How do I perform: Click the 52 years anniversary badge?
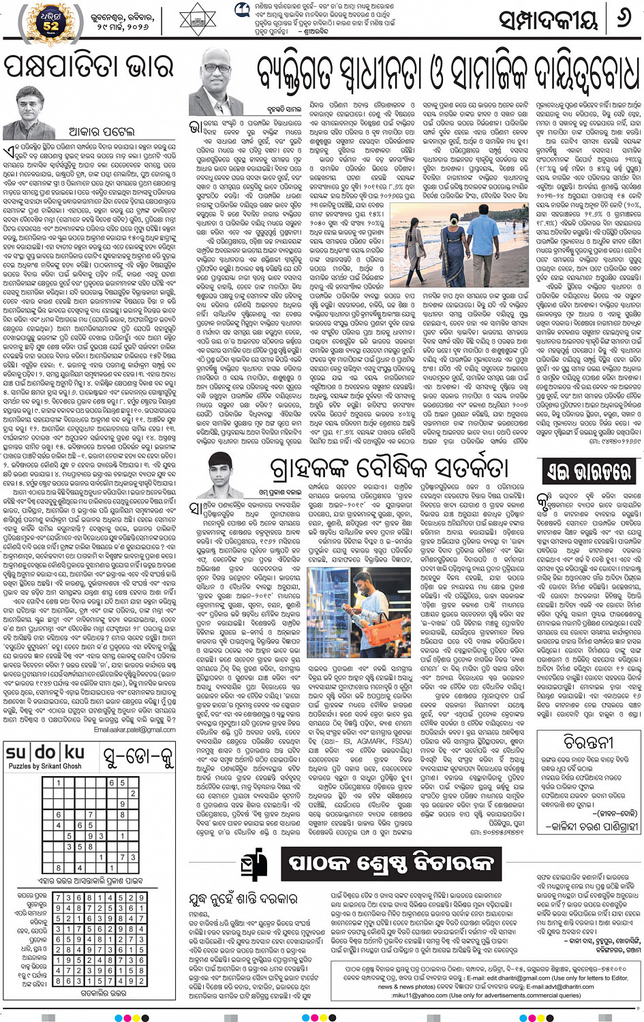pos(50,21)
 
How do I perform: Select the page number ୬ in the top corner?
pos(623,19)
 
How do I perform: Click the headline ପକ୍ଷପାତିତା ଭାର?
pos(88,68)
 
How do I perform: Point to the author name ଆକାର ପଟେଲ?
pos(102,130)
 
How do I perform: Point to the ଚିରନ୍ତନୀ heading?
pos(589,741)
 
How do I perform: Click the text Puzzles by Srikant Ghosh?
pos(44,766)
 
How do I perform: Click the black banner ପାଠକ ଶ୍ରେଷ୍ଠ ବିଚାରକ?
pos(390,862)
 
